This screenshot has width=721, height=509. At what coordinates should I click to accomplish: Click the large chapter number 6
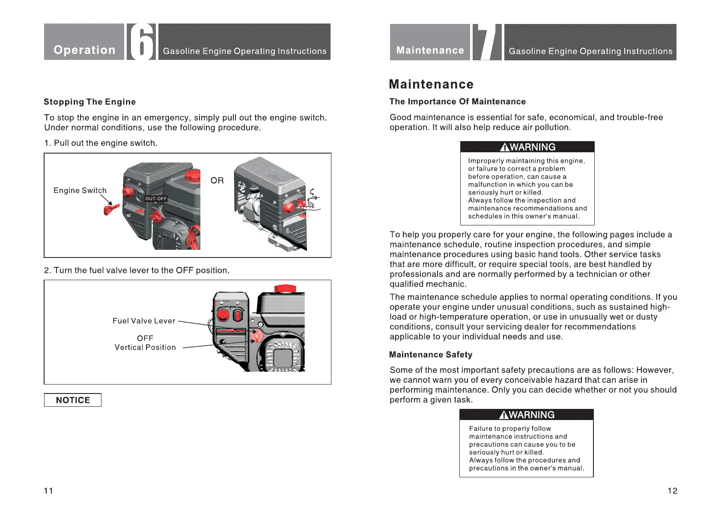tap(141, 42)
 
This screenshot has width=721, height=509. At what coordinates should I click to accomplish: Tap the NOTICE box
tap(73, 400)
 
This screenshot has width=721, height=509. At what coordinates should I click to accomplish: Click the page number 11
tap(48, 491)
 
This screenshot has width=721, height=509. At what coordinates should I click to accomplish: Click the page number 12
tap(672, 491)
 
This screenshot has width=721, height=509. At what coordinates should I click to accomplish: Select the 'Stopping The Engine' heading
tap(89, 102)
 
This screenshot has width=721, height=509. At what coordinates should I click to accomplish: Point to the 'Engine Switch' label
tap(80, 190)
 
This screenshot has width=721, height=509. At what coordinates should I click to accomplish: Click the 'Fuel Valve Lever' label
tap(144, 321)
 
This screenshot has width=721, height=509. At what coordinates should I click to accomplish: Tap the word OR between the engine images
tap(217, 181)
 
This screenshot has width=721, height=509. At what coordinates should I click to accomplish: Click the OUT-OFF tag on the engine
tap(156, 198)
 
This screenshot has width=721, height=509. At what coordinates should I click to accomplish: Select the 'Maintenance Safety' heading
tap(431, 355)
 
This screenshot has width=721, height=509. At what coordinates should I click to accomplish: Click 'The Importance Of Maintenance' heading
tap(457, 101)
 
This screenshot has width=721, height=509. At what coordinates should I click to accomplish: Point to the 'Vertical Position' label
tap(145, 347)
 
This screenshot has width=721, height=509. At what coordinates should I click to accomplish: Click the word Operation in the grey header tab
tap(84, 50)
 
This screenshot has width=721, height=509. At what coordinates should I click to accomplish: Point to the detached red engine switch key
tap(111, 209)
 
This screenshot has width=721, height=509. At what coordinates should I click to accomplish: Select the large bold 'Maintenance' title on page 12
tap(431, 84)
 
